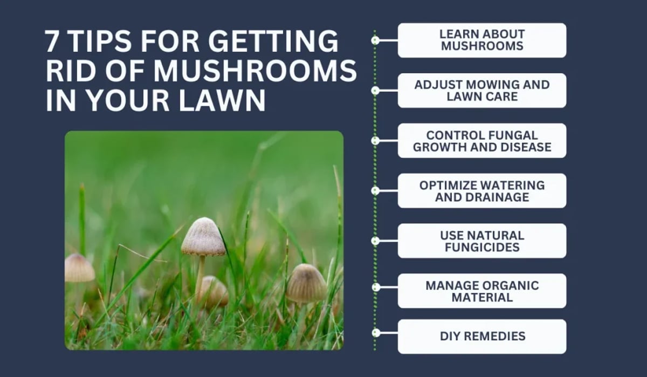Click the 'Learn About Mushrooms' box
pyautogui.click(x=482, y=40)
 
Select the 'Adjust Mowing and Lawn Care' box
pyautogui.click(x=482, y=91)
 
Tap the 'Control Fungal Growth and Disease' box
pyautogui.click(x=482, y=141)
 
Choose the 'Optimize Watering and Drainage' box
pyautogui.click(x=482, y=191)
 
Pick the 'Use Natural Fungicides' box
pyautogui.click(x=482, y=241)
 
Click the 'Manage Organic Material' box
pyautogui.click(x=482, y=291)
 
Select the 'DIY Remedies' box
pyautogui.click(x=482, y=337)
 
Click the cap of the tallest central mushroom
pyautogui.click(x=203, y=237)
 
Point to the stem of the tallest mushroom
pyautogui.click(x=200, y=272)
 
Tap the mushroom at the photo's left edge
pyautogui.click(x=79, y=268)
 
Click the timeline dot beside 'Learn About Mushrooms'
pyautogui.click(x=375, y=40)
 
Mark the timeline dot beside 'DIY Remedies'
pyautogui.click(x=375, y=333)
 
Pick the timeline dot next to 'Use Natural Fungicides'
pyautogui.click(x=375, y=241)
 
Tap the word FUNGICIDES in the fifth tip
pyautogui.click(x=482, y=248)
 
